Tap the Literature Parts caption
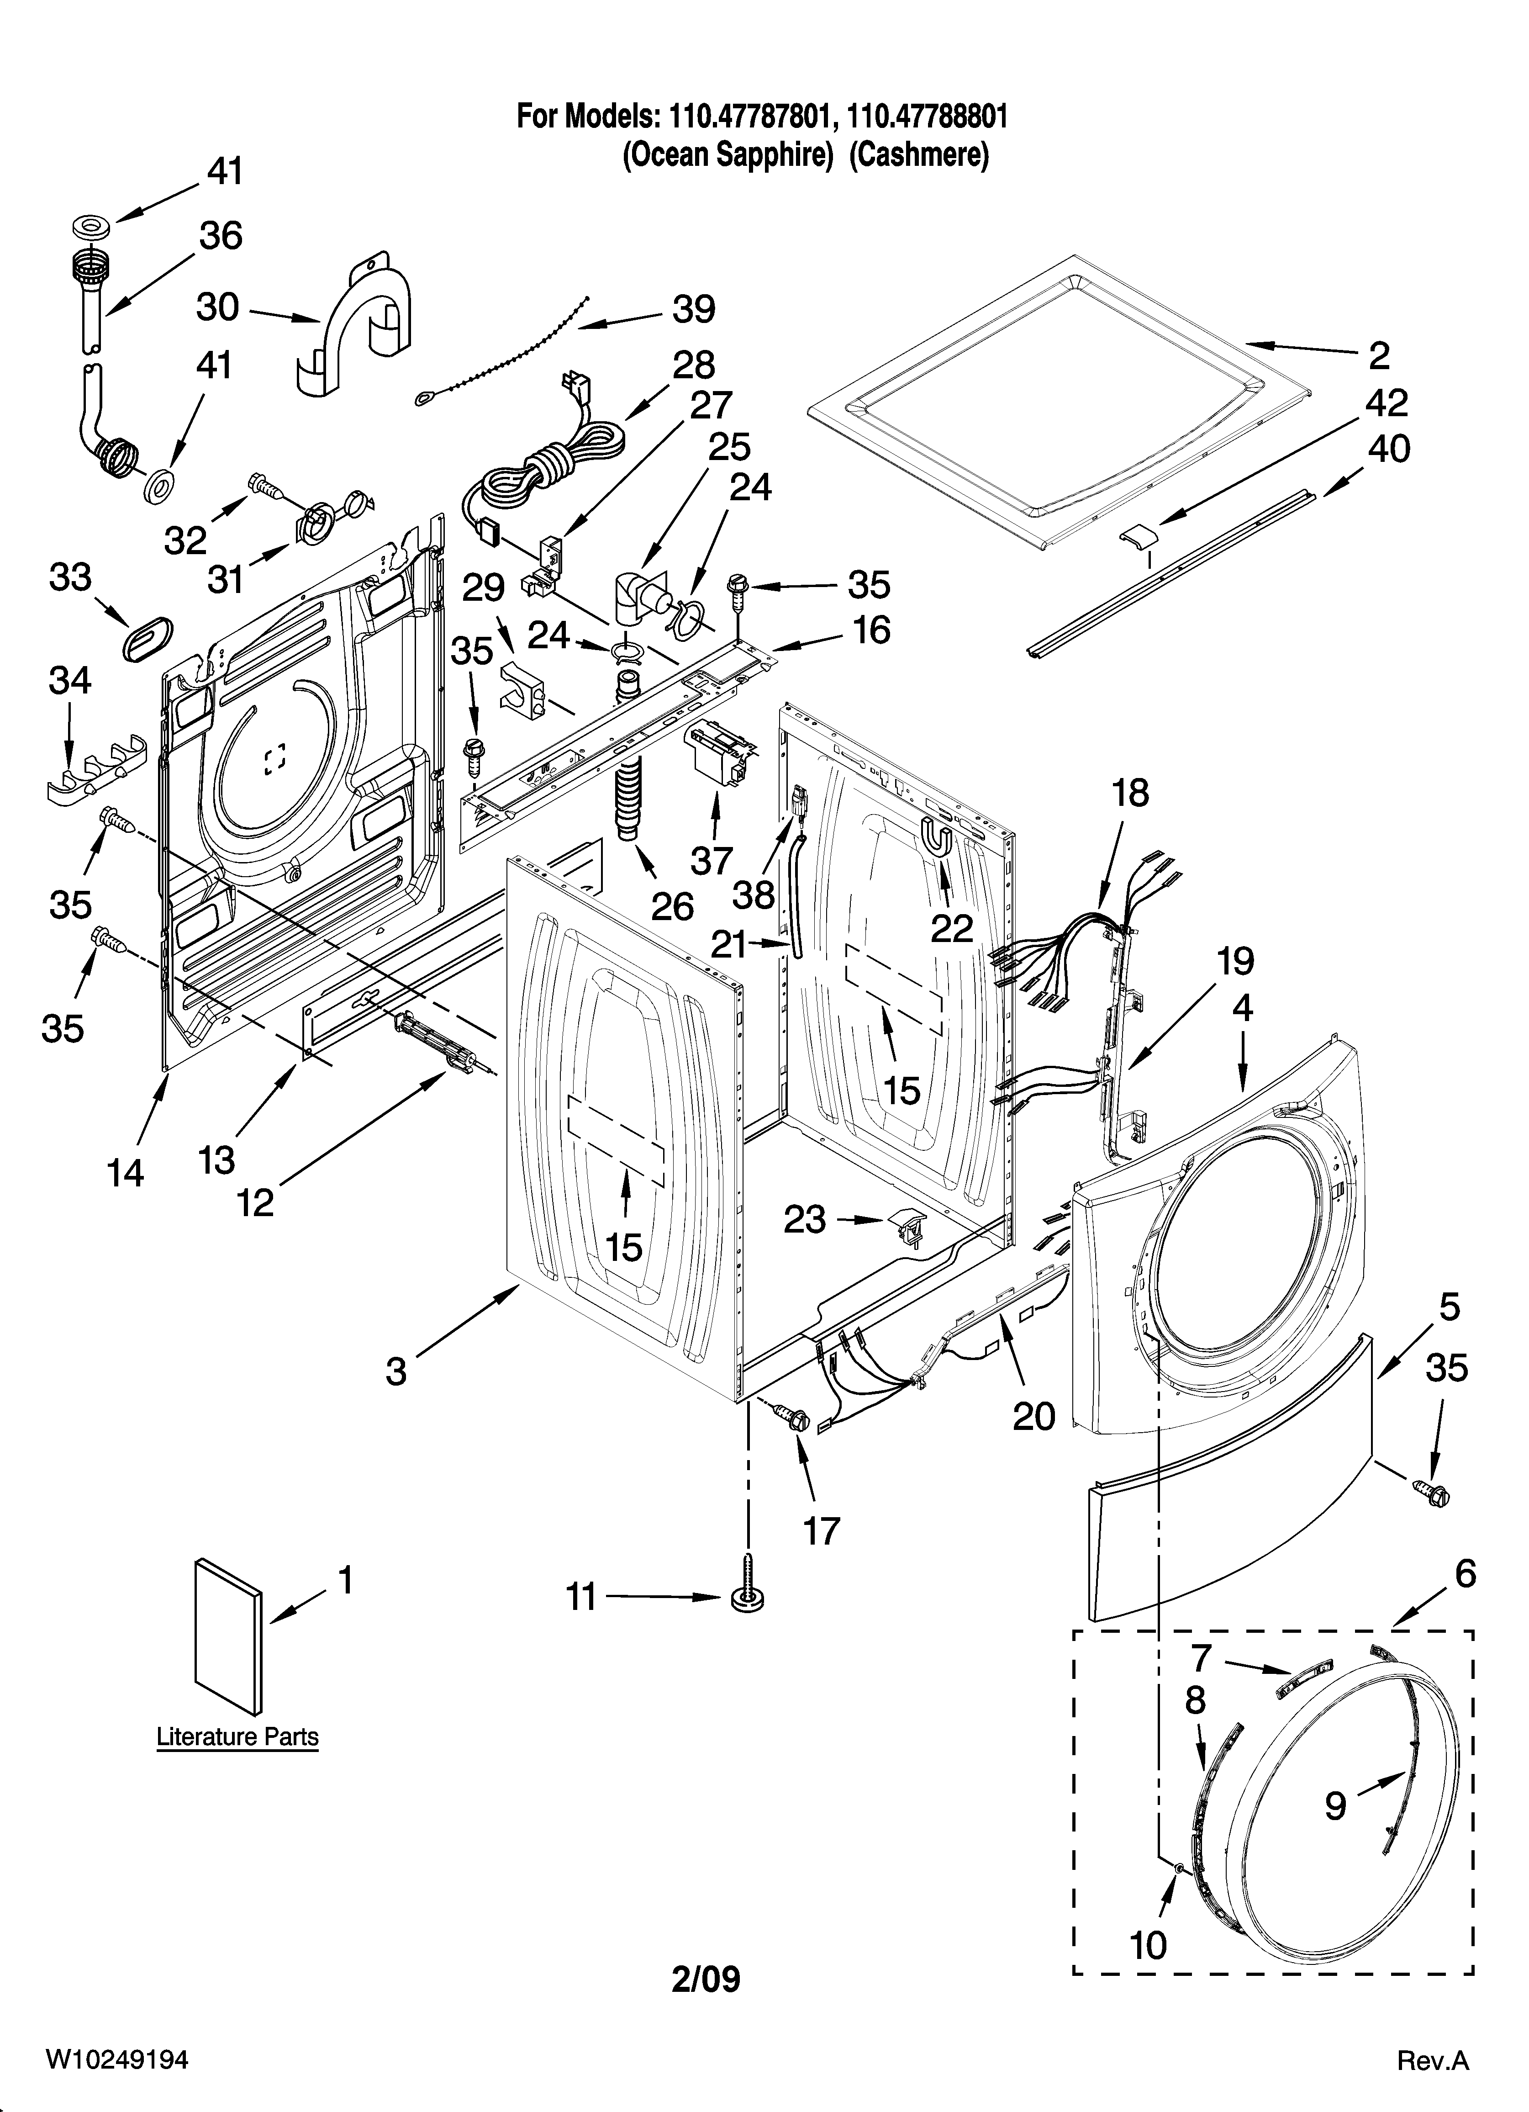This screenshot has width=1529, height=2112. click(x=237, y=1737)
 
